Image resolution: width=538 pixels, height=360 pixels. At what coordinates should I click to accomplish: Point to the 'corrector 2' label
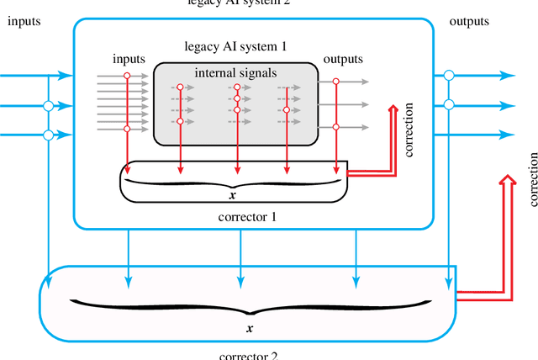coord(248,354)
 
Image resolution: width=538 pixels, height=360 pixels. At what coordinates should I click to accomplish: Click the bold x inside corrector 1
coord(232,194)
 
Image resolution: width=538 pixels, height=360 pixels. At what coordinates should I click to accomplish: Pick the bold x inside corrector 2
coord(249,327)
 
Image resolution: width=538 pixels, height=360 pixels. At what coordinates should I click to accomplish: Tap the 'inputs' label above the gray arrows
coord(128,60)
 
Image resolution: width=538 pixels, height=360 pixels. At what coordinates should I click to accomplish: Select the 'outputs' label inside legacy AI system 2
coord(343,60)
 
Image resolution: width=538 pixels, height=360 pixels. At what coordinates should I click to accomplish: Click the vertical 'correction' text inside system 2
coord(410,131)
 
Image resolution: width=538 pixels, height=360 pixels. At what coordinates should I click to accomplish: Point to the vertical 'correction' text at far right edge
coord(531,179)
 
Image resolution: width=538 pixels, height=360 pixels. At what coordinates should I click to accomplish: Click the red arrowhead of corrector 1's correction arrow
coord(393,110)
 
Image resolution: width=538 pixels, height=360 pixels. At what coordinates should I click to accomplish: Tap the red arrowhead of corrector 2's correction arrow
coord(507,181)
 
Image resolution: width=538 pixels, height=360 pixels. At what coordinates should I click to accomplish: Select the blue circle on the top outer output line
coord(449,76)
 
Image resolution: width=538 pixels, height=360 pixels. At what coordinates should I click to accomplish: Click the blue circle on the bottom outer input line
coord(49,135)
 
